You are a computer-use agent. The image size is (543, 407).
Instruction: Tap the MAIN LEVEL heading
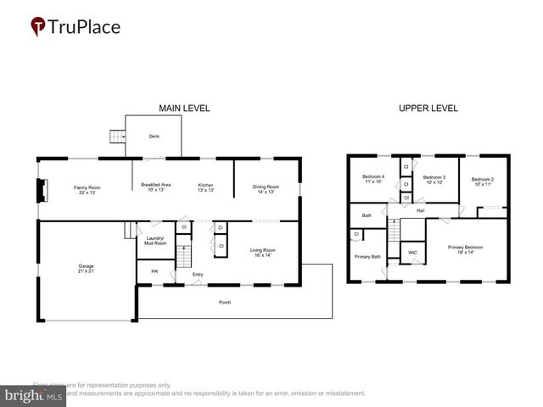(184, 109)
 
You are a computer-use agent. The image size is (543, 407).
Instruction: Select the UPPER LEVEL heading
(428, 109)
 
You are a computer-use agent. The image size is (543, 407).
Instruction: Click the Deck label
(154, 136)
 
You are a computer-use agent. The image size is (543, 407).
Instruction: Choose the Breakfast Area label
(155, 188)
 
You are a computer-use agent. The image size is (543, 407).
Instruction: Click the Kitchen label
(206, 188)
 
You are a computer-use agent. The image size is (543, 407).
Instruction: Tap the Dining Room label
(266, 188)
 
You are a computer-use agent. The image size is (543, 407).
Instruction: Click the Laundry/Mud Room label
(154, 241)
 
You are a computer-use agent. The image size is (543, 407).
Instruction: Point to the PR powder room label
(154, 271)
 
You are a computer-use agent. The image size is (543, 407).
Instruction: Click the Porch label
(224, 302)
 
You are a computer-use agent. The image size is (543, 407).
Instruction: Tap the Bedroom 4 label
(373, 179)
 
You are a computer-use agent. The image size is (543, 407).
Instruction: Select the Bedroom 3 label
(435, 179)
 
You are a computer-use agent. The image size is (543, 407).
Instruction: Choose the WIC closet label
(411, 253)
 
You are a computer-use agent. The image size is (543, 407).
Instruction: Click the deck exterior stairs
(117, 137)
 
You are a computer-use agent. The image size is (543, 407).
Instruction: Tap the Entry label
(198, 274)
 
